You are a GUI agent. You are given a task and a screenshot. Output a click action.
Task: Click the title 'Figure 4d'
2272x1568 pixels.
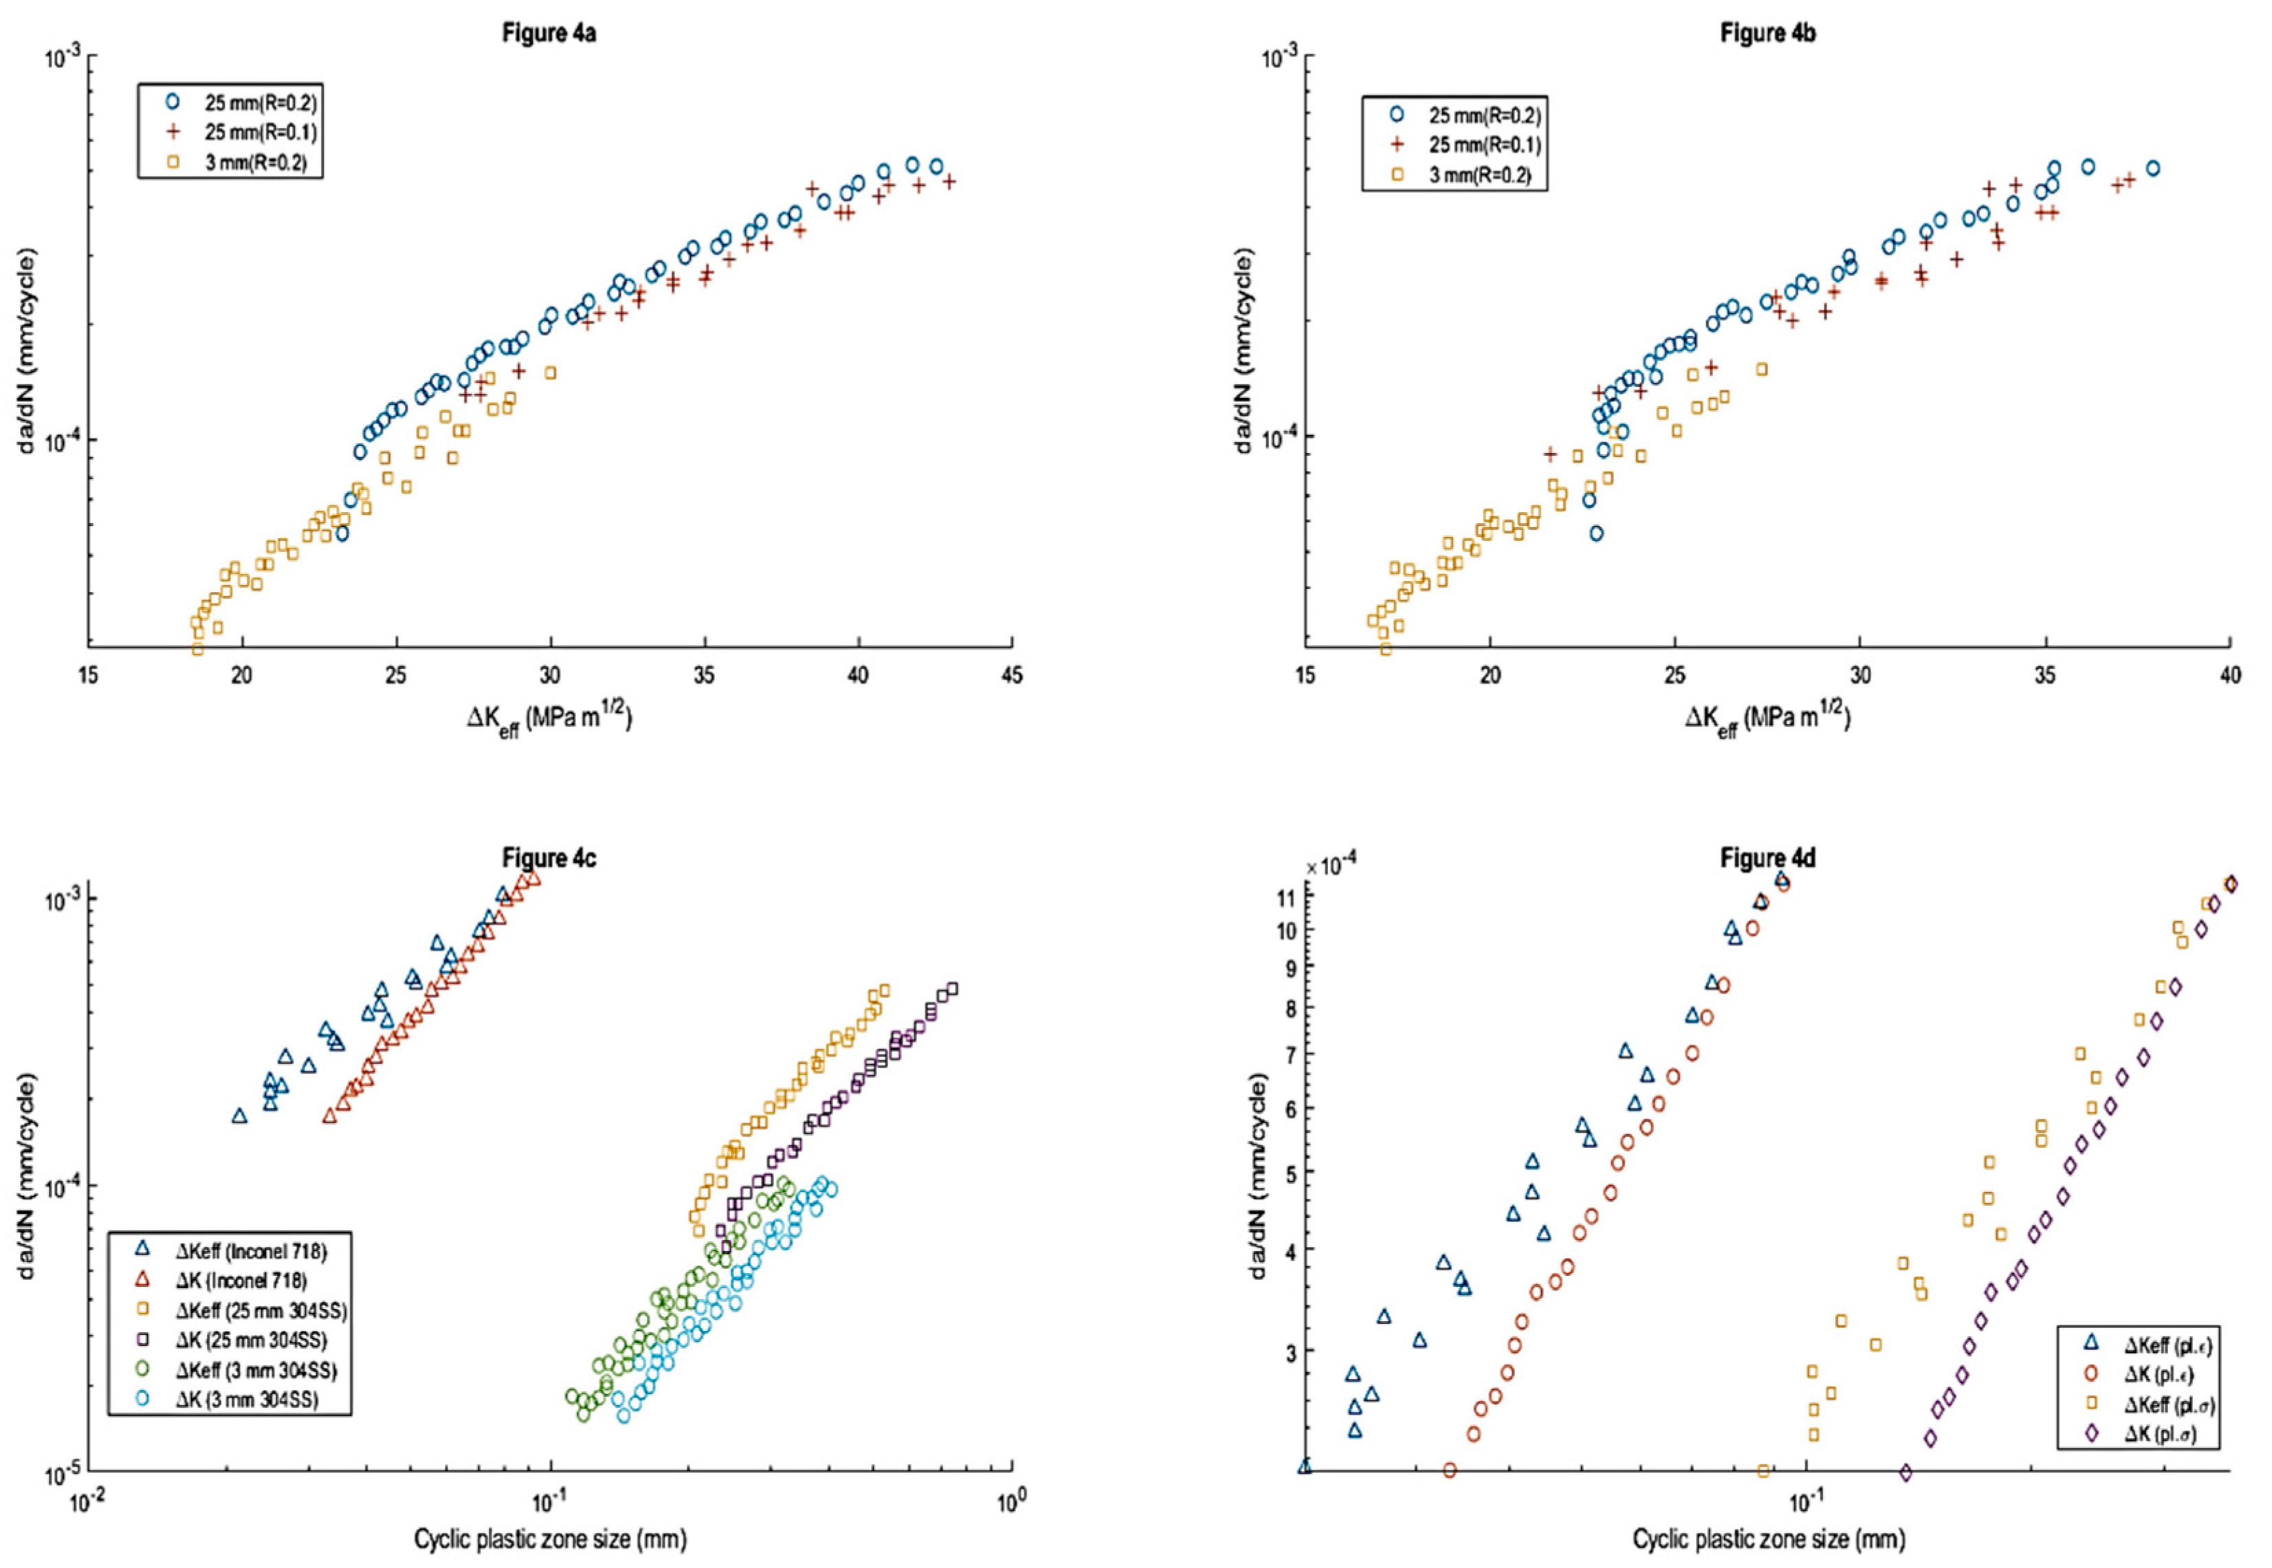(x=1767, y=858)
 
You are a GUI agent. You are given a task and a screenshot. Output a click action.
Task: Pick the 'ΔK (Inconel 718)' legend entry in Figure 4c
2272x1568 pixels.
(x=241, y=1280)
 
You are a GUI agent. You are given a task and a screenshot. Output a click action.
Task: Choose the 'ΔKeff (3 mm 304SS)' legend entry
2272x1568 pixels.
(x=256, y=1369)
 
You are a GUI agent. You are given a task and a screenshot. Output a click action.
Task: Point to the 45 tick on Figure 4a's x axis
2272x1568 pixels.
(x=1012, y=676)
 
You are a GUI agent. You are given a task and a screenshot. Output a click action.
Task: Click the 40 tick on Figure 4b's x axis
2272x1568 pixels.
(x=2231, y=675)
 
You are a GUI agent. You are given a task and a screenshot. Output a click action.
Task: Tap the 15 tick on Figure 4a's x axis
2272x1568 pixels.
(x=89, y=676)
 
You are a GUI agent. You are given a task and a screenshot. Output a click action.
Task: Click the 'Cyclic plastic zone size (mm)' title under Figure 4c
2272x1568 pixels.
(x=549, y=1538)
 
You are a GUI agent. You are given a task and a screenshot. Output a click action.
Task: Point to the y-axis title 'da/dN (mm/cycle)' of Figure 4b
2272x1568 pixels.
(x=1244, y=351)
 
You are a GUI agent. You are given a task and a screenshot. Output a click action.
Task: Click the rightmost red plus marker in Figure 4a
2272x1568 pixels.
(x=949, y=181)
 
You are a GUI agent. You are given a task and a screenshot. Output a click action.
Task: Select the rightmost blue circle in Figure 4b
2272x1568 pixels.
(x=2152, y=168)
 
